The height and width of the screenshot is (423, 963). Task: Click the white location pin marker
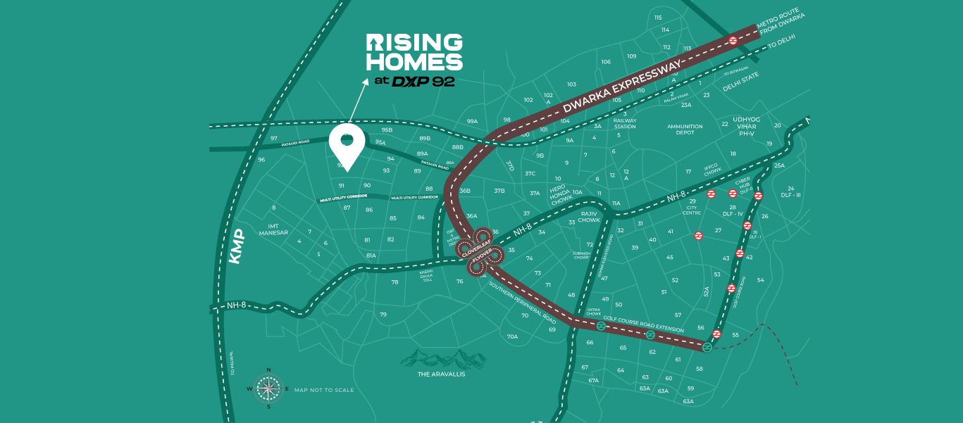point(346,145)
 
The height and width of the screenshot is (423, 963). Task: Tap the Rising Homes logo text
point(414,52)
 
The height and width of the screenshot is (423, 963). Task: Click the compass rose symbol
point(267,388)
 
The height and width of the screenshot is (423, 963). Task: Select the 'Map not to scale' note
point(324,389)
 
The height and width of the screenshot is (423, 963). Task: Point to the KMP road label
point(237,247)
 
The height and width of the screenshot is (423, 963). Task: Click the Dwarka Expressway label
point(622,88)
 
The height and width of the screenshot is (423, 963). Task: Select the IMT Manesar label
point(274,229)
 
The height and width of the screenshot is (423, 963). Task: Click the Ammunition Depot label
point(685,130)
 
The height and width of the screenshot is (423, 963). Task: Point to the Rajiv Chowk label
point(589,215)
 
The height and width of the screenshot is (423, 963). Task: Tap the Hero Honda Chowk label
point(561,194)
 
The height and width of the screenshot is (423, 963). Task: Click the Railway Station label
point(625,123)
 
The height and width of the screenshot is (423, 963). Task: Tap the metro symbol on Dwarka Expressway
point(733,41)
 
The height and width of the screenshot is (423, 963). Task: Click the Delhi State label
point(741,82)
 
